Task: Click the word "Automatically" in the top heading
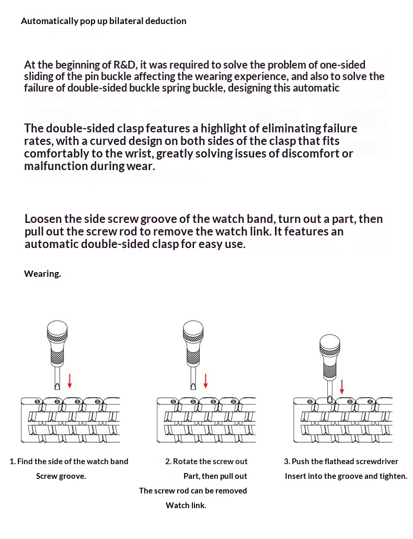tap(45, 21)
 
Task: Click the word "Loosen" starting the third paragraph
tap(43, 219)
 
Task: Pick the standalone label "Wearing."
tap(42, 274)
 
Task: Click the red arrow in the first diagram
tap(70, 380)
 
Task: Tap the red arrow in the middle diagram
tap(205, 380)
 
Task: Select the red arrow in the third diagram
tap(342, 387)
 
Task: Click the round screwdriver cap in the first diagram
tap(58, 330)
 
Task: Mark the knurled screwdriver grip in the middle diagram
tap(193, 357)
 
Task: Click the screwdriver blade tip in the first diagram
tap(58, 386)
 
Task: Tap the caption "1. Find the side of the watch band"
tap(69, 462)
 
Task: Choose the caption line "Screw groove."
tap(61, 476)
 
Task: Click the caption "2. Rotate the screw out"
tap(206, 462)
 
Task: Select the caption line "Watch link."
tap(186, 506)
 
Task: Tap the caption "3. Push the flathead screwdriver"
tap(341, 462)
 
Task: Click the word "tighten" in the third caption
tap(392, 476)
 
